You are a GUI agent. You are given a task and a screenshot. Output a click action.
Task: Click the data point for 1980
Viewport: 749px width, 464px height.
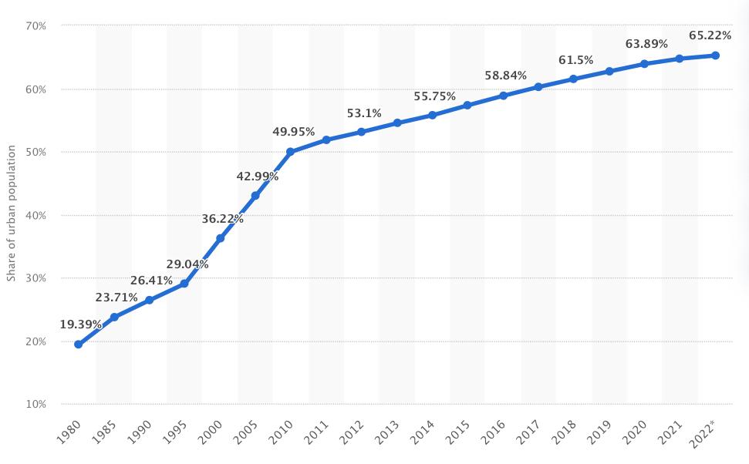coord(78,345)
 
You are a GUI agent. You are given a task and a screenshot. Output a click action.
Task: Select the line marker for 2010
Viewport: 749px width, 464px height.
coord(290,152)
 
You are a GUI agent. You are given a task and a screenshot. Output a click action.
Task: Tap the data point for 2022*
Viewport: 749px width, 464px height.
coord(715,55)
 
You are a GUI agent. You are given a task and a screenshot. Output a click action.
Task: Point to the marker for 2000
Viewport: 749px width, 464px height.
coord(220,238)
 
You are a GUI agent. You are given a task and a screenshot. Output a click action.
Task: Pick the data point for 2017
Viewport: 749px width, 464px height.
coord(538,87)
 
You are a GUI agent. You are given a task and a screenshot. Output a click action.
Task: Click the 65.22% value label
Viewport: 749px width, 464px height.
coord(710,35)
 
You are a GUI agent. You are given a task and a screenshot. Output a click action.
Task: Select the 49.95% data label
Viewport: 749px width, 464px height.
coord(294,132)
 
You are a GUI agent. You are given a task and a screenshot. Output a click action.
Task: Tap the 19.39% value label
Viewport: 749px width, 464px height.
coord(81,324)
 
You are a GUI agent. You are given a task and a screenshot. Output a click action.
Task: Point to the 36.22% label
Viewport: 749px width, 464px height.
coord(223,219)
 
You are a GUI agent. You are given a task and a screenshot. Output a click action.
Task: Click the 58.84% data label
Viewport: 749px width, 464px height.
coord(506,76)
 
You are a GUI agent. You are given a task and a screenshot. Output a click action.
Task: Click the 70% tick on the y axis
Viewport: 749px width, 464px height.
coord(35,26)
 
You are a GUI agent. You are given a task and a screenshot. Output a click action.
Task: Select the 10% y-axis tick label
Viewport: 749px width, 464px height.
coord(35,405)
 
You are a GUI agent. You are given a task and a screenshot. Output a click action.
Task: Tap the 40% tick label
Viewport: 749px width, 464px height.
coord(35,215)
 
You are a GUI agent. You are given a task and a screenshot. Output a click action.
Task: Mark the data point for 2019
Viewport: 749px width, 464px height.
coord(609,71)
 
